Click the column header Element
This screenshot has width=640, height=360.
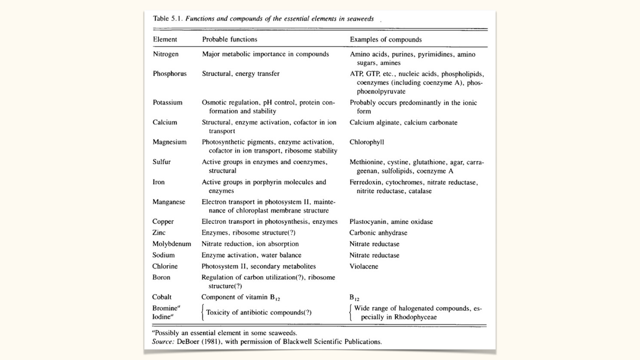(x=165, y=39)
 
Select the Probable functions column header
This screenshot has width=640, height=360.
(x=230, y=39)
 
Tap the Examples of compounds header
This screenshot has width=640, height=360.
(x=386, y=40)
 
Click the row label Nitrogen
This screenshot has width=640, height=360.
(x=166, y=54)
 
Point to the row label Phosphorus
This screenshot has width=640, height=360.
(x=170, y=74)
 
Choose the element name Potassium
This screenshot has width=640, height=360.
(x=167, y=102)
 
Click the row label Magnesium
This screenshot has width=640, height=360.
(x=169, y=142)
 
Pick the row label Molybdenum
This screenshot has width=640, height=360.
(x=172, y=244)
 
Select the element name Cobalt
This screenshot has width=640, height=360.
(x=162, y=297)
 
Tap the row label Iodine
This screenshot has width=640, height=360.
(x=161, y=317)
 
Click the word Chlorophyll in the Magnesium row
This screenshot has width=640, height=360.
(x=367, y=142)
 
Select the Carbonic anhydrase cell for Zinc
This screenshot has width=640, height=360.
(x=378, y=233)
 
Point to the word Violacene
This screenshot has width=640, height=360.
(x=364, y=266)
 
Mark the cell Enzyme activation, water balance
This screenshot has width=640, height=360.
(x=251, y=255)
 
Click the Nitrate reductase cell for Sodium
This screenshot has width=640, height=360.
(x=374, y=255)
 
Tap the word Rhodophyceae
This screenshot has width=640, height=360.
(x=415, y=317)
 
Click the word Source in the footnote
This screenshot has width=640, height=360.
(x=163, y=342)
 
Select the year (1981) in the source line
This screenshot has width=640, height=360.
(x=212, y=342)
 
